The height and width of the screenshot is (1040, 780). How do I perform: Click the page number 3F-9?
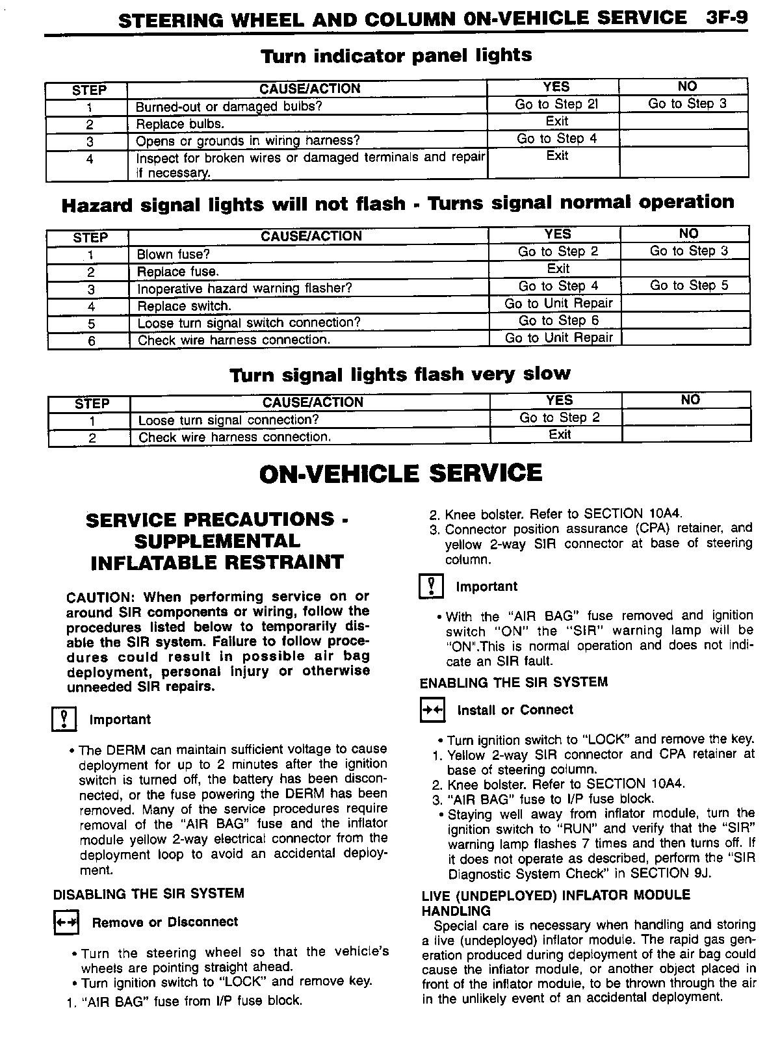click(x=726, y=18)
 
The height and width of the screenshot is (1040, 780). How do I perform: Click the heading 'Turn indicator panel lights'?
click(x=396, y=55)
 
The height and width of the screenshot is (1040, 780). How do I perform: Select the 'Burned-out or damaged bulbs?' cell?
click(x=229, y=107)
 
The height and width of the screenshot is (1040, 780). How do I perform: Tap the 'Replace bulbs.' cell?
click(x=180, y=124)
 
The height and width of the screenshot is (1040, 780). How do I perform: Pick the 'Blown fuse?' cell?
click(x=174, y=255)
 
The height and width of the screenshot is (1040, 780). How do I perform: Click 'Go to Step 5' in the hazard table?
click(x=689, y=285)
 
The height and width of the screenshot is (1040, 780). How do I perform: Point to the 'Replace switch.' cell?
click(x=185, y=306)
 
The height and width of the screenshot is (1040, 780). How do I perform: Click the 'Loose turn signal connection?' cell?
click(x=229, y=421)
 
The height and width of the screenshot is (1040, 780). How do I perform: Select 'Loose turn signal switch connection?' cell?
click(x=249, y=323)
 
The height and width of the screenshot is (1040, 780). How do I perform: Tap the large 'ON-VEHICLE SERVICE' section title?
click(x=400, y=473)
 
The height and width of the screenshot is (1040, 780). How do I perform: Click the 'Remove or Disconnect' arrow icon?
click(x=66, y=923)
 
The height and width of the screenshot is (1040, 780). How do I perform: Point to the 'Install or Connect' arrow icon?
click(x=432, y=710)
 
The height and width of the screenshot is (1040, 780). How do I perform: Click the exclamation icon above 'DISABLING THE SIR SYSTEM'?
click(x=64, y=720)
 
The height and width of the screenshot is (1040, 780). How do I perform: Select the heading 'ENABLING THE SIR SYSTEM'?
click(x=513, y=682)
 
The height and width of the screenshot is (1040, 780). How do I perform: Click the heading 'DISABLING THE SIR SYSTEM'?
click(x=149, y=894)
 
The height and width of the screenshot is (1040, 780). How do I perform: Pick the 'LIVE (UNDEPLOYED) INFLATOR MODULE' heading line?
click(x=556, y=895)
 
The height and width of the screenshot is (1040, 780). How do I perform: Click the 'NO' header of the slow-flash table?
click(x=690, y=400)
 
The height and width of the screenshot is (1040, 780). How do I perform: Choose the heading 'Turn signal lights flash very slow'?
click(x=400, y=374)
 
